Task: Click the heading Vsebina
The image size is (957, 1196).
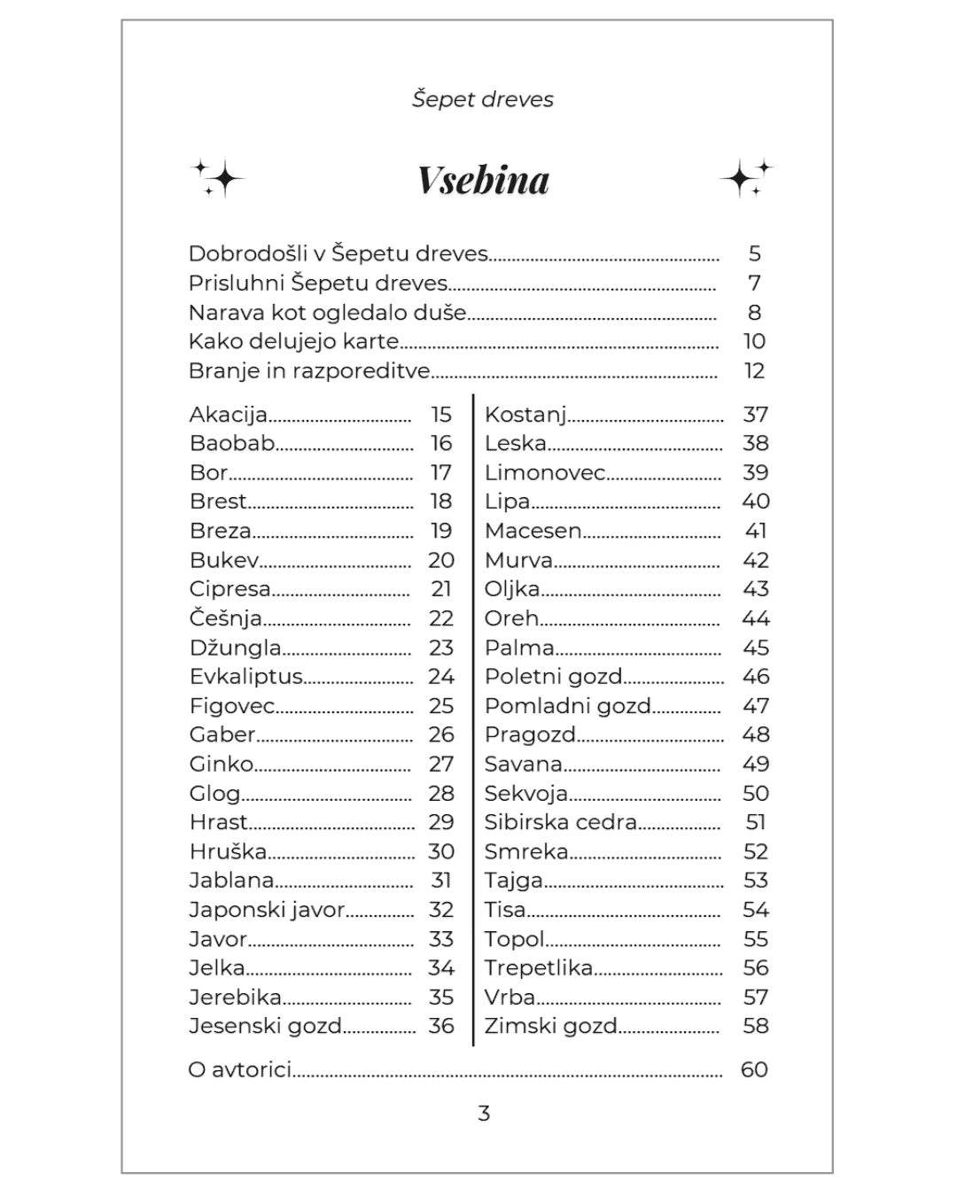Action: (x=483, y=180)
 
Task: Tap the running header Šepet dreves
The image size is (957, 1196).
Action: (x=483, y=99)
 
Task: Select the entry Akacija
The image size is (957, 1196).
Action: (x=228, y=415)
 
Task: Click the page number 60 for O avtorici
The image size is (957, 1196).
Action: (x=754, y=1069)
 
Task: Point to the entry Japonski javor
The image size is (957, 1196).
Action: (x=267, y=910)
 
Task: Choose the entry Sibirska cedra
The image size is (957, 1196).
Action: (x=560, y=822)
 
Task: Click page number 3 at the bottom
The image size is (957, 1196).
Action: (x=484, y=1114)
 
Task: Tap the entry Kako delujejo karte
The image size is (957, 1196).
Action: (x=293, y=341)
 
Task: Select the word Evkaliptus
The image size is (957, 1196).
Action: (x=246, y=677)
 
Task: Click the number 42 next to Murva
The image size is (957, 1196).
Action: (x=755, y=560)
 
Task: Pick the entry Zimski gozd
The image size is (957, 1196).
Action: (x=550, y=1026)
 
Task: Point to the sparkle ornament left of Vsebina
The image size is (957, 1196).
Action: (x=218, y=178)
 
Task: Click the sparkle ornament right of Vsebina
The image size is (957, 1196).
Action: (x=745, y=178)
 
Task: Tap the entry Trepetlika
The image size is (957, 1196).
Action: (x=538, y=967)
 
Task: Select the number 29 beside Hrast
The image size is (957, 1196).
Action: (x=441, y=822)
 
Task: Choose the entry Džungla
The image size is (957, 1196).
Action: (x=235, y=648)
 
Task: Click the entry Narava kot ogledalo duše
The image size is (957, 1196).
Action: (x=327, y=312)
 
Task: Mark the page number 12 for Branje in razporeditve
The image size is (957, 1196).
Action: (x=754, y=370)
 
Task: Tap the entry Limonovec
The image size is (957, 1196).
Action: (x=544, y=472)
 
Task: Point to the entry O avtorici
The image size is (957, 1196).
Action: (x=239, y=1069)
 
